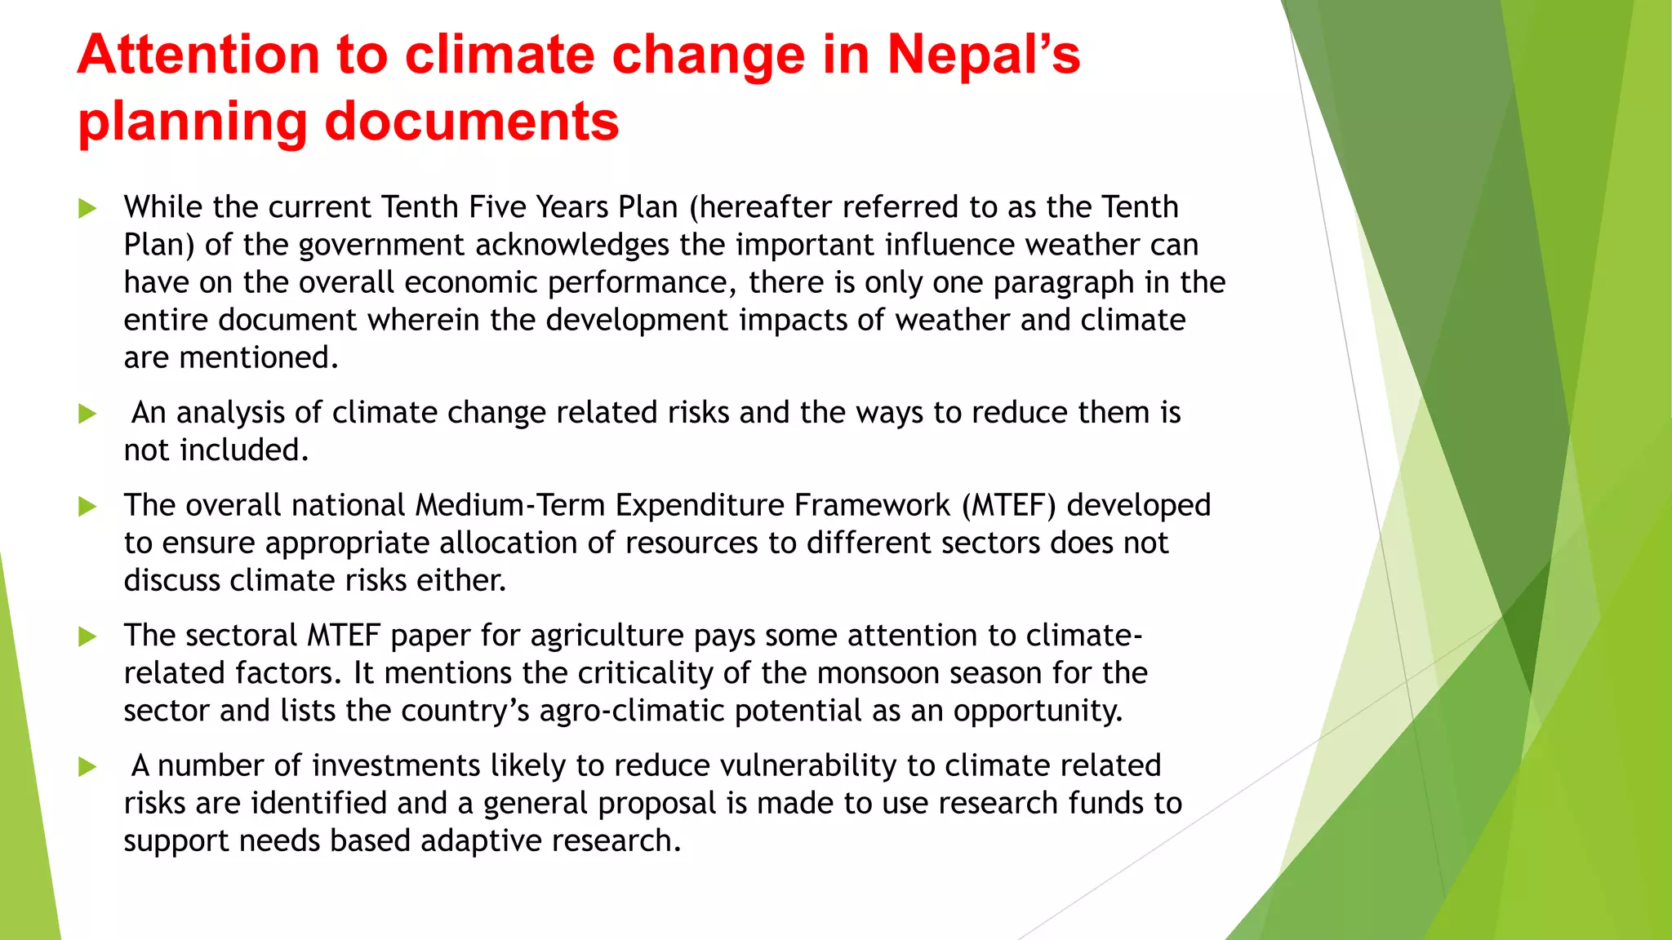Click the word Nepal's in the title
tap(983, 55)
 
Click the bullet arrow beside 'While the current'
tap(87, 209)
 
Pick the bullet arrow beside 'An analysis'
tap(87, 415)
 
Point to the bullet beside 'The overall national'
tap(87, 507)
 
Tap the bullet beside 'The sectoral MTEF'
tap(87, 636)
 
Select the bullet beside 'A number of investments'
tap(87, 767)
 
